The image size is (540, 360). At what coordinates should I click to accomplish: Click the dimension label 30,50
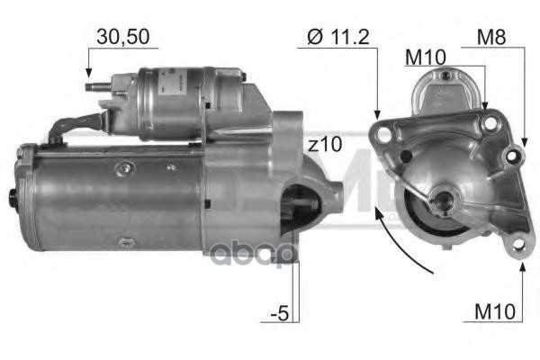point(123,37)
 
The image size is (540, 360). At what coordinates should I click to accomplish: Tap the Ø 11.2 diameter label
point(337,37)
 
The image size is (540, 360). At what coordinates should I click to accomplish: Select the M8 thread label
point(491,37)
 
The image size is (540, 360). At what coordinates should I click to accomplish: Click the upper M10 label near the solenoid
point(426,58)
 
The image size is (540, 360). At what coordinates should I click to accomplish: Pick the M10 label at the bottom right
point(495,311)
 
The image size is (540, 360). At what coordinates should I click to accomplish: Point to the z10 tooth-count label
point(325,144)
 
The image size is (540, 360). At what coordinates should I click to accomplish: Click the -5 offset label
point(280,313)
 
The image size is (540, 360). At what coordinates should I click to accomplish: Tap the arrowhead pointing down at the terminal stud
point(88,73)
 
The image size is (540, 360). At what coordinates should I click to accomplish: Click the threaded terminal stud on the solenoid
point(98,86)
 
